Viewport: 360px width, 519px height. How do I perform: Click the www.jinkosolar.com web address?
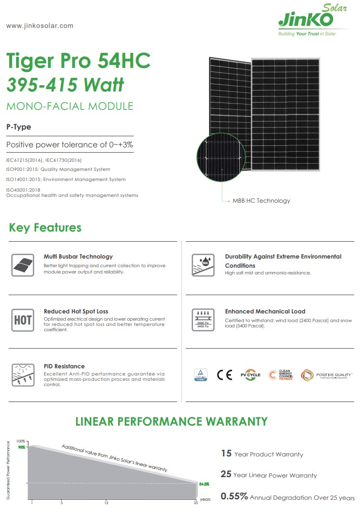point(40,26)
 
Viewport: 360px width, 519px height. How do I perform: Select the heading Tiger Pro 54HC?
point(78,61)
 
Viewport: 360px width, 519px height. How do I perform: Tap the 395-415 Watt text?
point(65,85)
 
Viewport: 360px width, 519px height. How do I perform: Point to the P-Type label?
point(19,127)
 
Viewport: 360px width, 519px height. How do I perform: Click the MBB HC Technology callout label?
point(261,200)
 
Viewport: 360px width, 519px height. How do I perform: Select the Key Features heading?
point(45,228)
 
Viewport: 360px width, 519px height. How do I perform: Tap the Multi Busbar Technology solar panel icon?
point(23,265)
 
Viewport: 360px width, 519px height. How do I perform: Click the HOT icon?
point(23,320)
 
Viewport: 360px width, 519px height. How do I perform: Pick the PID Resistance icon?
point(23,375)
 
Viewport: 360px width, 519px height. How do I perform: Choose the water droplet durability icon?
point(203,265)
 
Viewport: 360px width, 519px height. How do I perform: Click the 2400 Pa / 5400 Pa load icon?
point(203,320)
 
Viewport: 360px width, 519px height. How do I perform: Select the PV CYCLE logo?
point(250,375)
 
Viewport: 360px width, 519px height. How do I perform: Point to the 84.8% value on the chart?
point(204,484)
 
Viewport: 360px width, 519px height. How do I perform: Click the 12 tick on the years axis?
point(106,503)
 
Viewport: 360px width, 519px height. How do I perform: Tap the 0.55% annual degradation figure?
point(234,496)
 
